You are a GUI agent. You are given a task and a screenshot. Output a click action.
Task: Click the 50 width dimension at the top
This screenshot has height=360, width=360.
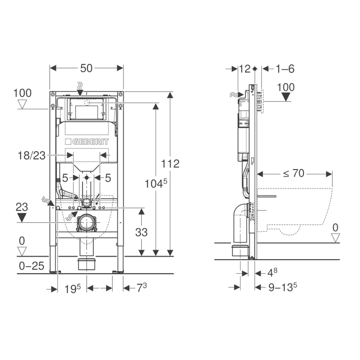pyautogui.click(x=86, y=68)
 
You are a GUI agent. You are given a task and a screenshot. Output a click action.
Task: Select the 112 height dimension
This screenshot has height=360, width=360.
pyautogui.click(x=171, y=164)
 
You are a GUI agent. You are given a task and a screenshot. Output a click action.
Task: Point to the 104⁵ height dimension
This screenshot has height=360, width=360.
pyautogui.click(x=155, y=183)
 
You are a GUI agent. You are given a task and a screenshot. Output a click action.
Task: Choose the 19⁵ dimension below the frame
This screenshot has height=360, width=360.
pyautogui.click(x=72, y=288)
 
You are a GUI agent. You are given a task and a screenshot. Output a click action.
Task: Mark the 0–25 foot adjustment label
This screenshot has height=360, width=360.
pyautogui.click(x=31, y=266)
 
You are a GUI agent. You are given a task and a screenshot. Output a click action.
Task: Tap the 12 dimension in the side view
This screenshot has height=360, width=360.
pyautogui.click(x=245, y=69)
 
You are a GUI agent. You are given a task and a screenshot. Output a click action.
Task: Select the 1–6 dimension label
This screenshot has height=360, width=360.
pyautogui.click(x=285, y=69)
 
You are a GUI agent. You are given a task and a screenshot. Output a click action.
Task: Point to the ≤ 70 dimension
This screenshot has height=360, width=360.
pyautogui.click(x=294, y=174)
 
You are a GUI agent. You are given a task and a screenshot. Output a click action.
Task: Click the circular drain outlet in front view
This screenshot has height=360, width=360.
pyautogui.click(x=86, y=222)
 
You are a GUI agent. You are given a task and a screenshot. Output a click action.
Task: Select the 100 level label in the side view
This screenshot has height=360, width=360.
pyautogui.click(x=286, y=87)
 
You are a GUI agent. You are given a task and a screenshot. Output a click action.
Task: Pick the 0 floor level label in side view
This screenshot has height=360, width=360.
pyautogui.click(x=335, y=227)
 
